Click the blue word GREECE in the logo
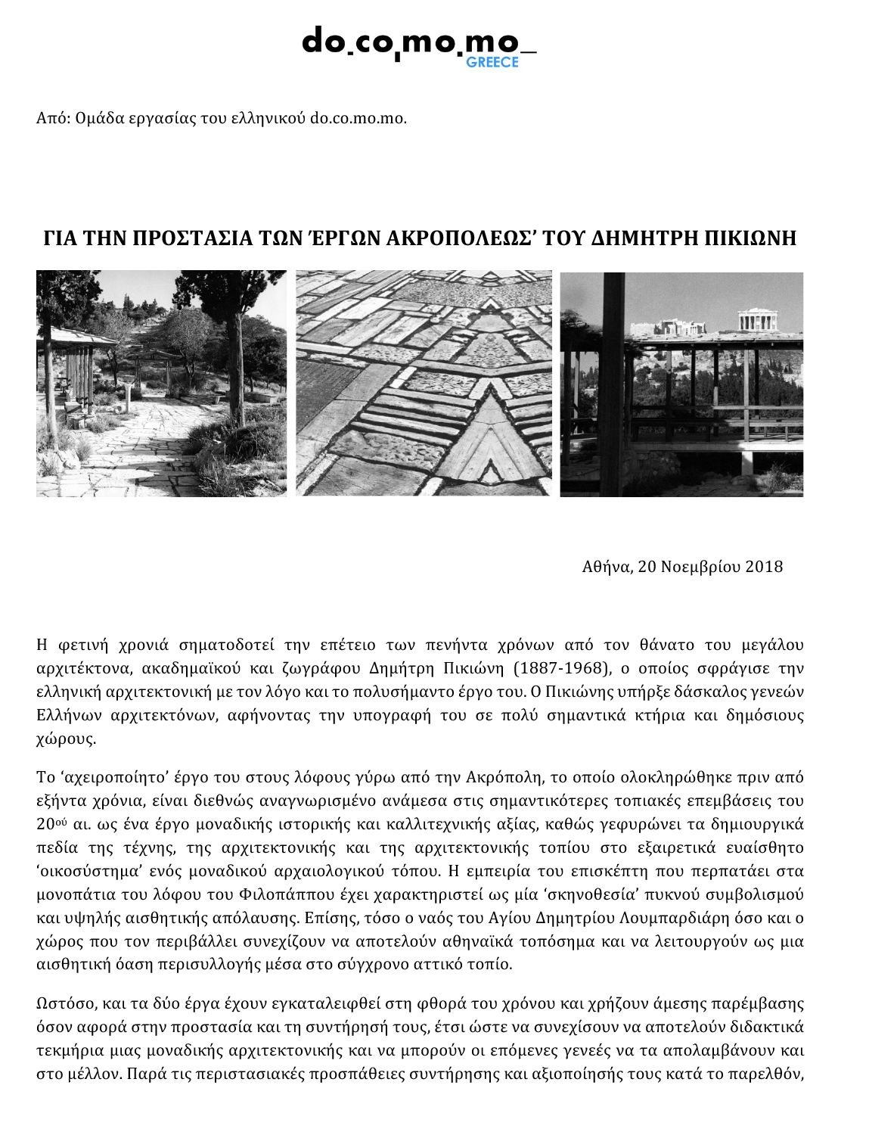(x=492, y=63)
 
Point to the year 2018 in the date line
(x=764, y=567)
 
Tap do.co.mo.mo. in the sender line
(x=358, y=118)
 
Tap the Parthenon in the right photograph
(x=759, y=319)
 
